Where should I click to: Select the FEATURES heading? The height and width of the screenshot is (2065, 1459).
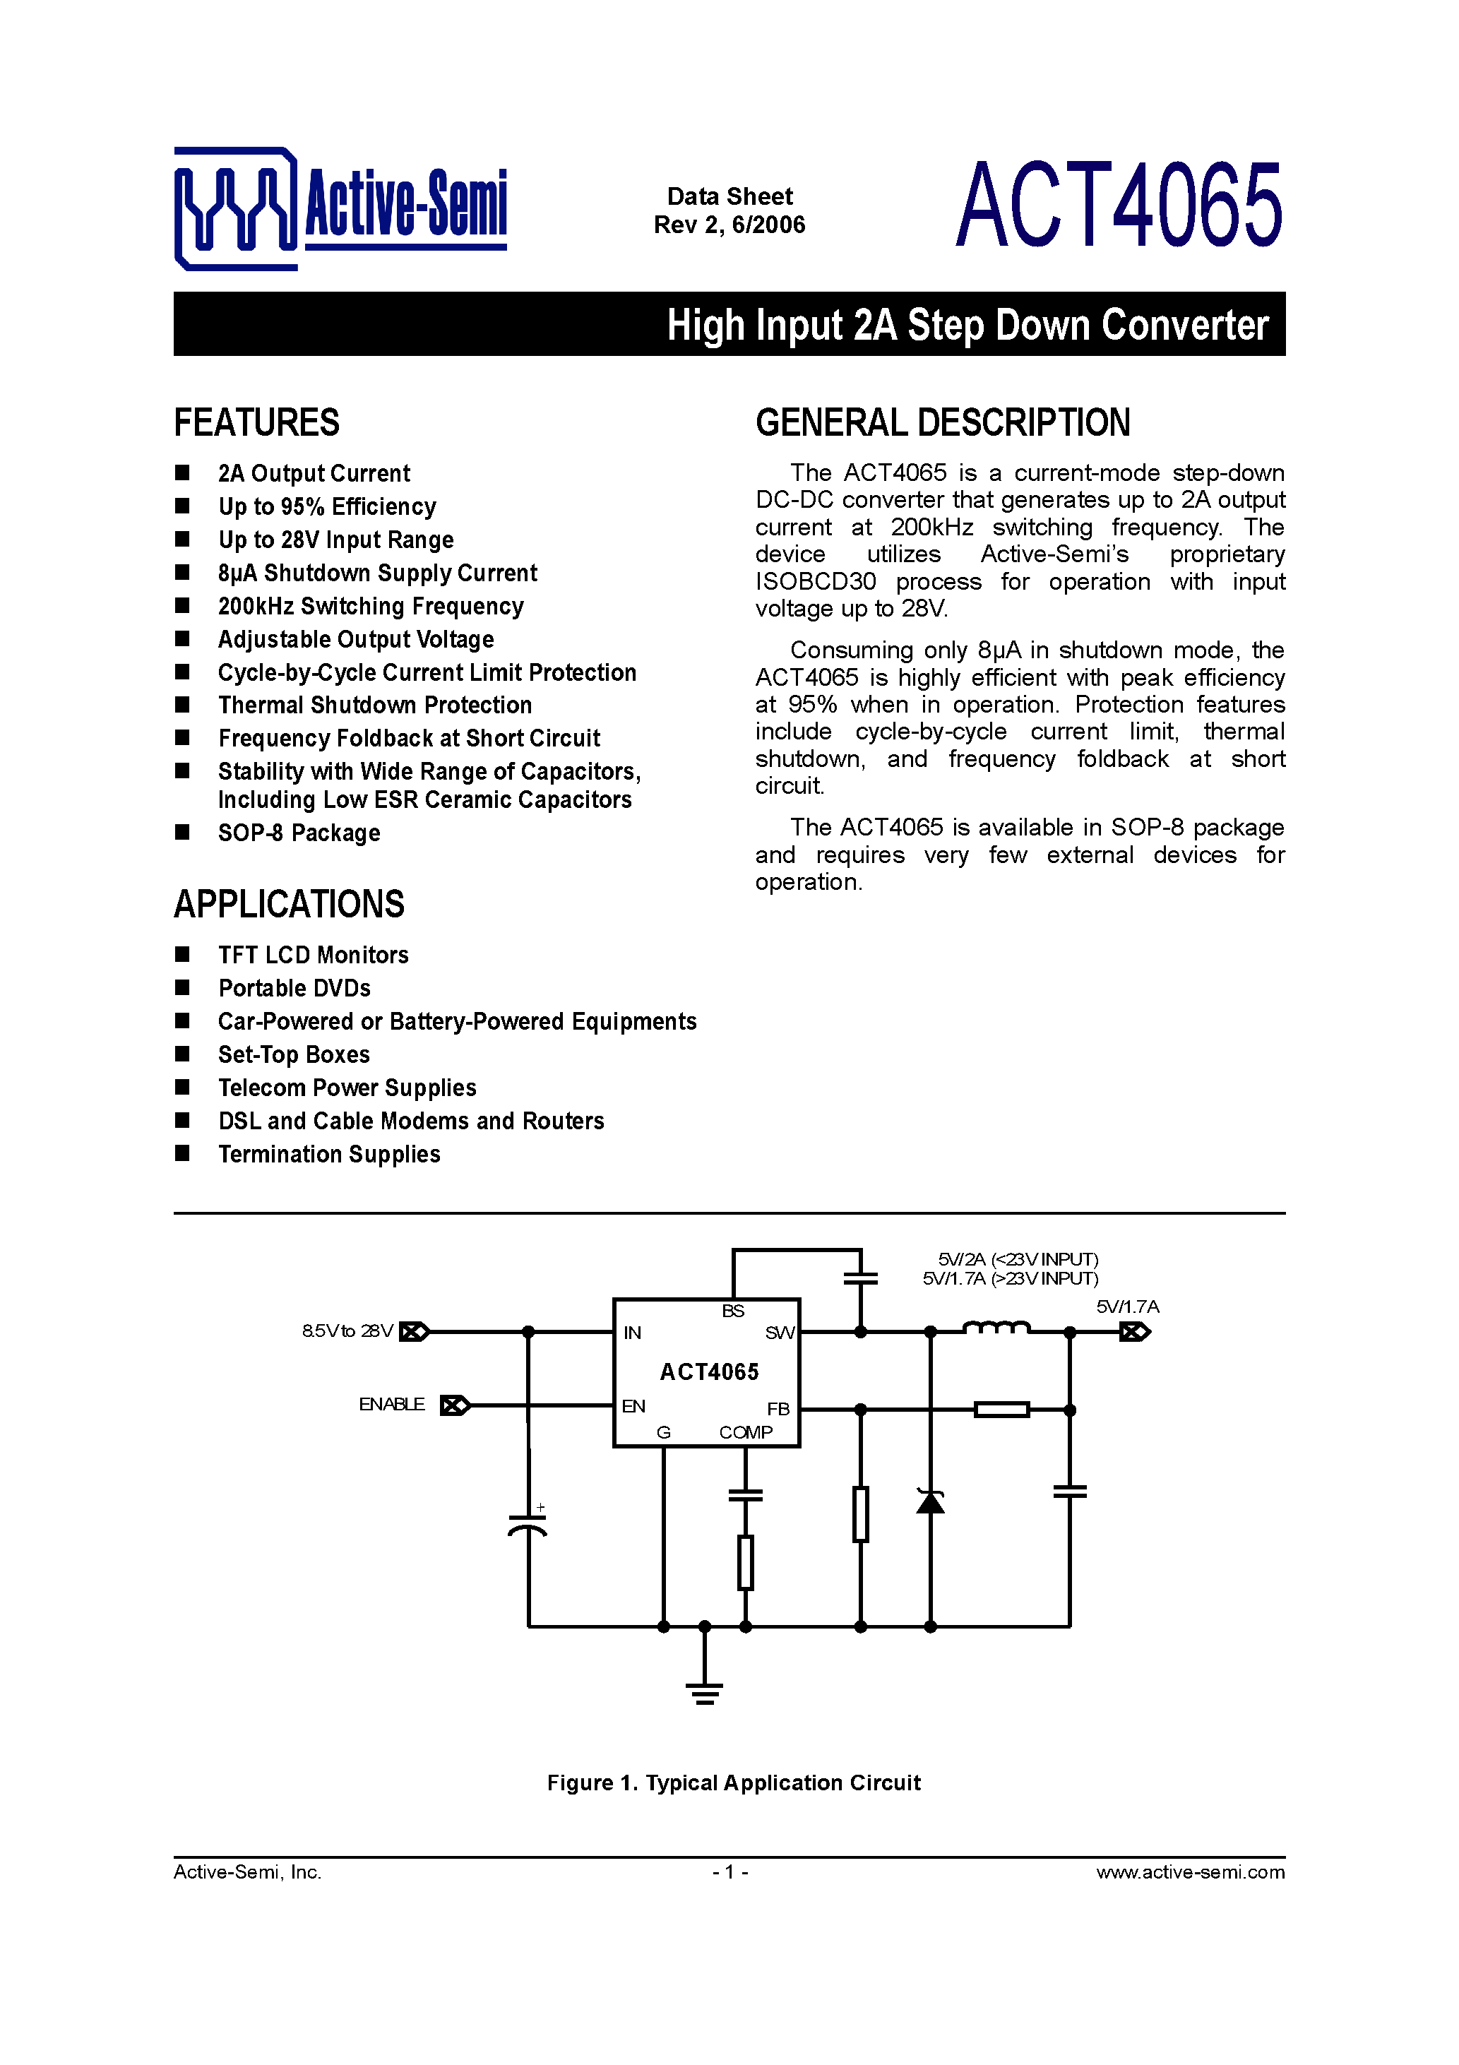pos(256,423)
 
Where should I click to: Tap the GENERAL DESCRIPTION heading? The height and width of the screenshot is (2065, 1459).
pos(943,423)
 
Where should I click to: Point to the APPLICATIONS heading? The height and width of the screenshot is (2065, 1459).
pos(289,904)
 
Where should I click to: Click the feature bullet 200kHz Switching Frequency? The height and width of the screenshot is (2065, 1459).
pos(371,606)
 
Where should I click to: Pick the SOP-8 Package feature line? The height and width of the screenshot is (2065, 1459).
pos(299,833)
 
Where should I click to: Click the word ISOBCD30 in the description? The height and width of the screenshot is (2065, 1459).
pos(815,582)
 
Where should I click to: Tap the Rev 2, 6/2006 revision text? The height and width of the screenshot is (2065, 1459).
pos(729,225)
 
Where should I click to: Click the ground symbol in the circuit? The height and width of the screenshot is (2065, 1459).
pos(704,1694)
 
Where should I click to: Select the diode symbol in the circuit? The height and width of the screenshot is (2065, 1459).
pos(930,1501)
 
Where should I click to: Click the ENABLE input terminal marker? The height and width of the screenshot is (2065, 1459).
pos(455,1405)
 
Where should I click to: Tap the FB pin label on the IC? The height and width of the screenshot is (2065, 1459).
pos(778,1410)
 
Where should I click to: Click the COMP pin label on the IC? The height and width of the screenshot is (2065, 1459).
pos(746,1433)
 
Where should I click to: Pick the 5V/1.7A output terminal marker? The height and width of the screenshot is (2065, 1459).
pos(1135,1332)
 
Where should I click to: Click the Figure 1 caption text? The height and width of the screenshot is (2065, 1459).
pos(734,1783)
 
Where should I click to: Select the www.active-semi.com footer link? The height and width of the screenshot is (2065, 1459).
pos(1190,1871)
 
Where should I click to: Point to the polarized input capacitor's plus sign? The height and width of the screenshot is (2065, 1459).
pos(541,1507)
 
